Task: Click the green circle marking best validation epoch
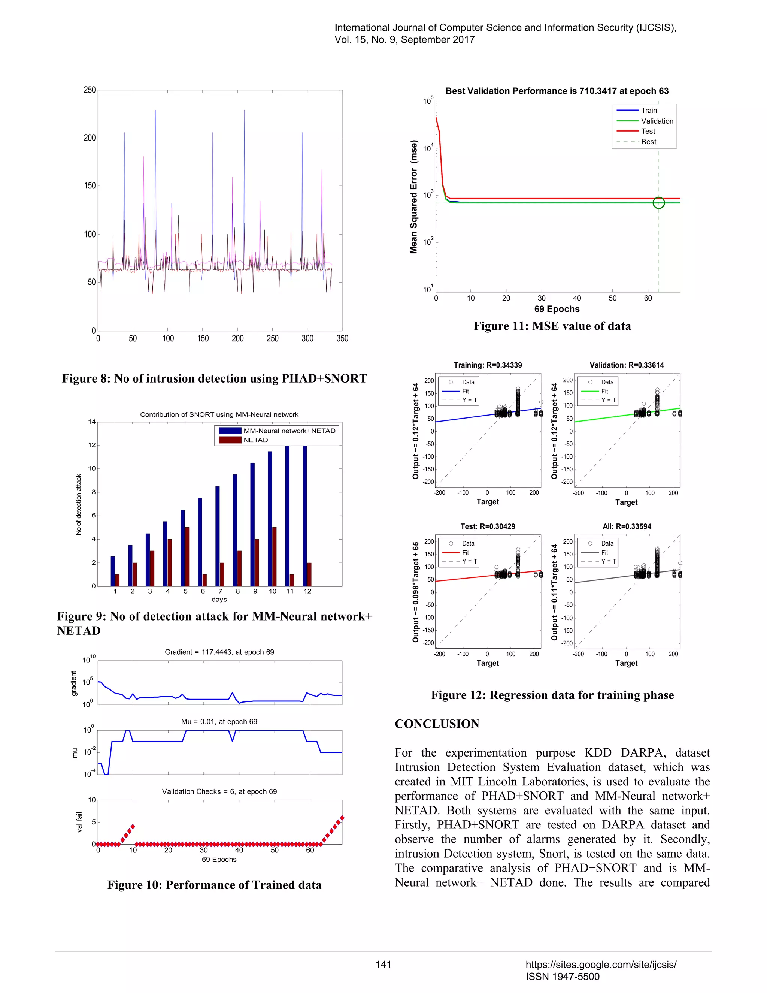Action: coord(658,203)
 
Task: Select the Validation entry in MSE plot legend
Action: coord(657,121)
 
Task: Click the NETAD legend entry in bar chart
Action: coord(255,440)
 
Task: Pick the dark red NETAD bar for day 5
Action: coord(187,556)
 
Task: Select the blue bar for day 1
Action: coord(113,571)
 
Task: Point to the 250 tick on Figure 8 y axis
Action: coord(90,90)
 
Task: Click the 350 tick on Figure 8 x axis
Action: coord(342,338)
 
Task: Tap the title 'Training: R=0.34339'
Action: coord(488,365)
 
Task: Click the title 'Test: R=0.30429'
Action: coord(488,526)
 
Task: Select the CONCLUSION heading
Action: coord(437,724)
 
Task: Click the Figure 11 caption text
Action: coord(552,326)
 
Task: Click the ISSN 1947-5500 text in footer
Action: coord(562,977)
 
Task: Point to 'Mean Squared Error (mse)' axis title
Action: coord(413,196)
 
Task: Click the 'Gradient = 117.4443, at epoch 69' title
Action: coord(219,652)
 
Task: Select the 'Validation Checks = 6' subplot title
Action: coord(219,791)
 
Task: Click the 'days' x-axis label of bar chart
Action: coord(219,599)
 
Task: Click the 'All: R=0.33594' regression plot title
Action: coord(627,526)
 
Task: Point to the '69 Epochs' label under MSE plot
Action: coord(557,309)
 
